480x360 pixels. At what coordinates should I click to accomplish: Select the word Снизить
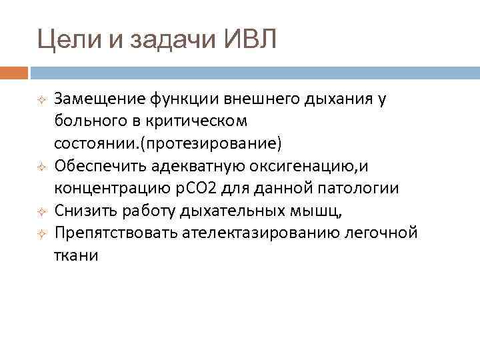click(83, 211)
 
